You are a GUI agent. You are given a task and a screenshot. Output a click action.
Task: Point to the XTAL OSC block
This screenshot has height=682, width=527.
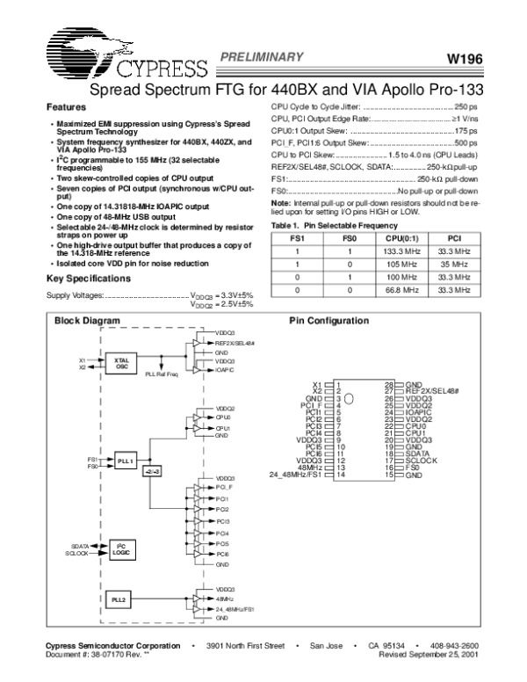coord(121,364)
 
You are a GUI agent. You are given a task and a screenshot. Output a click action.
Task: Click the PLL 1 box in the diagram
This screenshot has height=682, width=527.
coord(125,461)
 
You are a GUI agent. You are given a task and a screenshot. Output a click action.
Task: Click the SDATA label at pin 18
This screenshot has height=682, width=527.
coord(420,453)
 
